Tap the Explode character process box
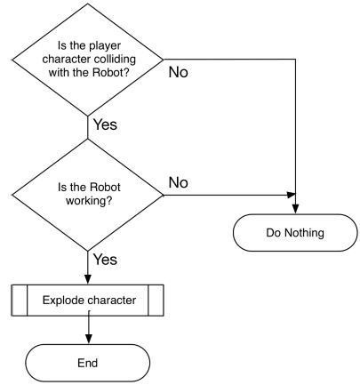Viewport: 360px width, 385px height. point(88,300)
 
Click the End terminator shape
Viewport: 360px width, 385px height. point(88,363)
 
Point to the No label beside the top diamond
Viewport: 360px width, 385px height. point(179,72)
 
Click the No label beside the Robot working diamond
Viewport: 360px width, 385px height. point(179,182)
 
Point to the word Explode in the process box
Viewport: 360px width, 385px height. point(64,300)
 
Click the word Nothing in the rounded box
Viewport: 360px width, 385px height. point(306,234)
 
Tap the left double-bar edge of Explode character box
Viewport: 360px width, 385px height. point(16,300)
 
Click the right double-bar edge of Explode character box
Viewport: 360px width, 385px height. point(158,300)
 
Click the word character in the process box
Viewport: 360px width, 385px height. point(110,300)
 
